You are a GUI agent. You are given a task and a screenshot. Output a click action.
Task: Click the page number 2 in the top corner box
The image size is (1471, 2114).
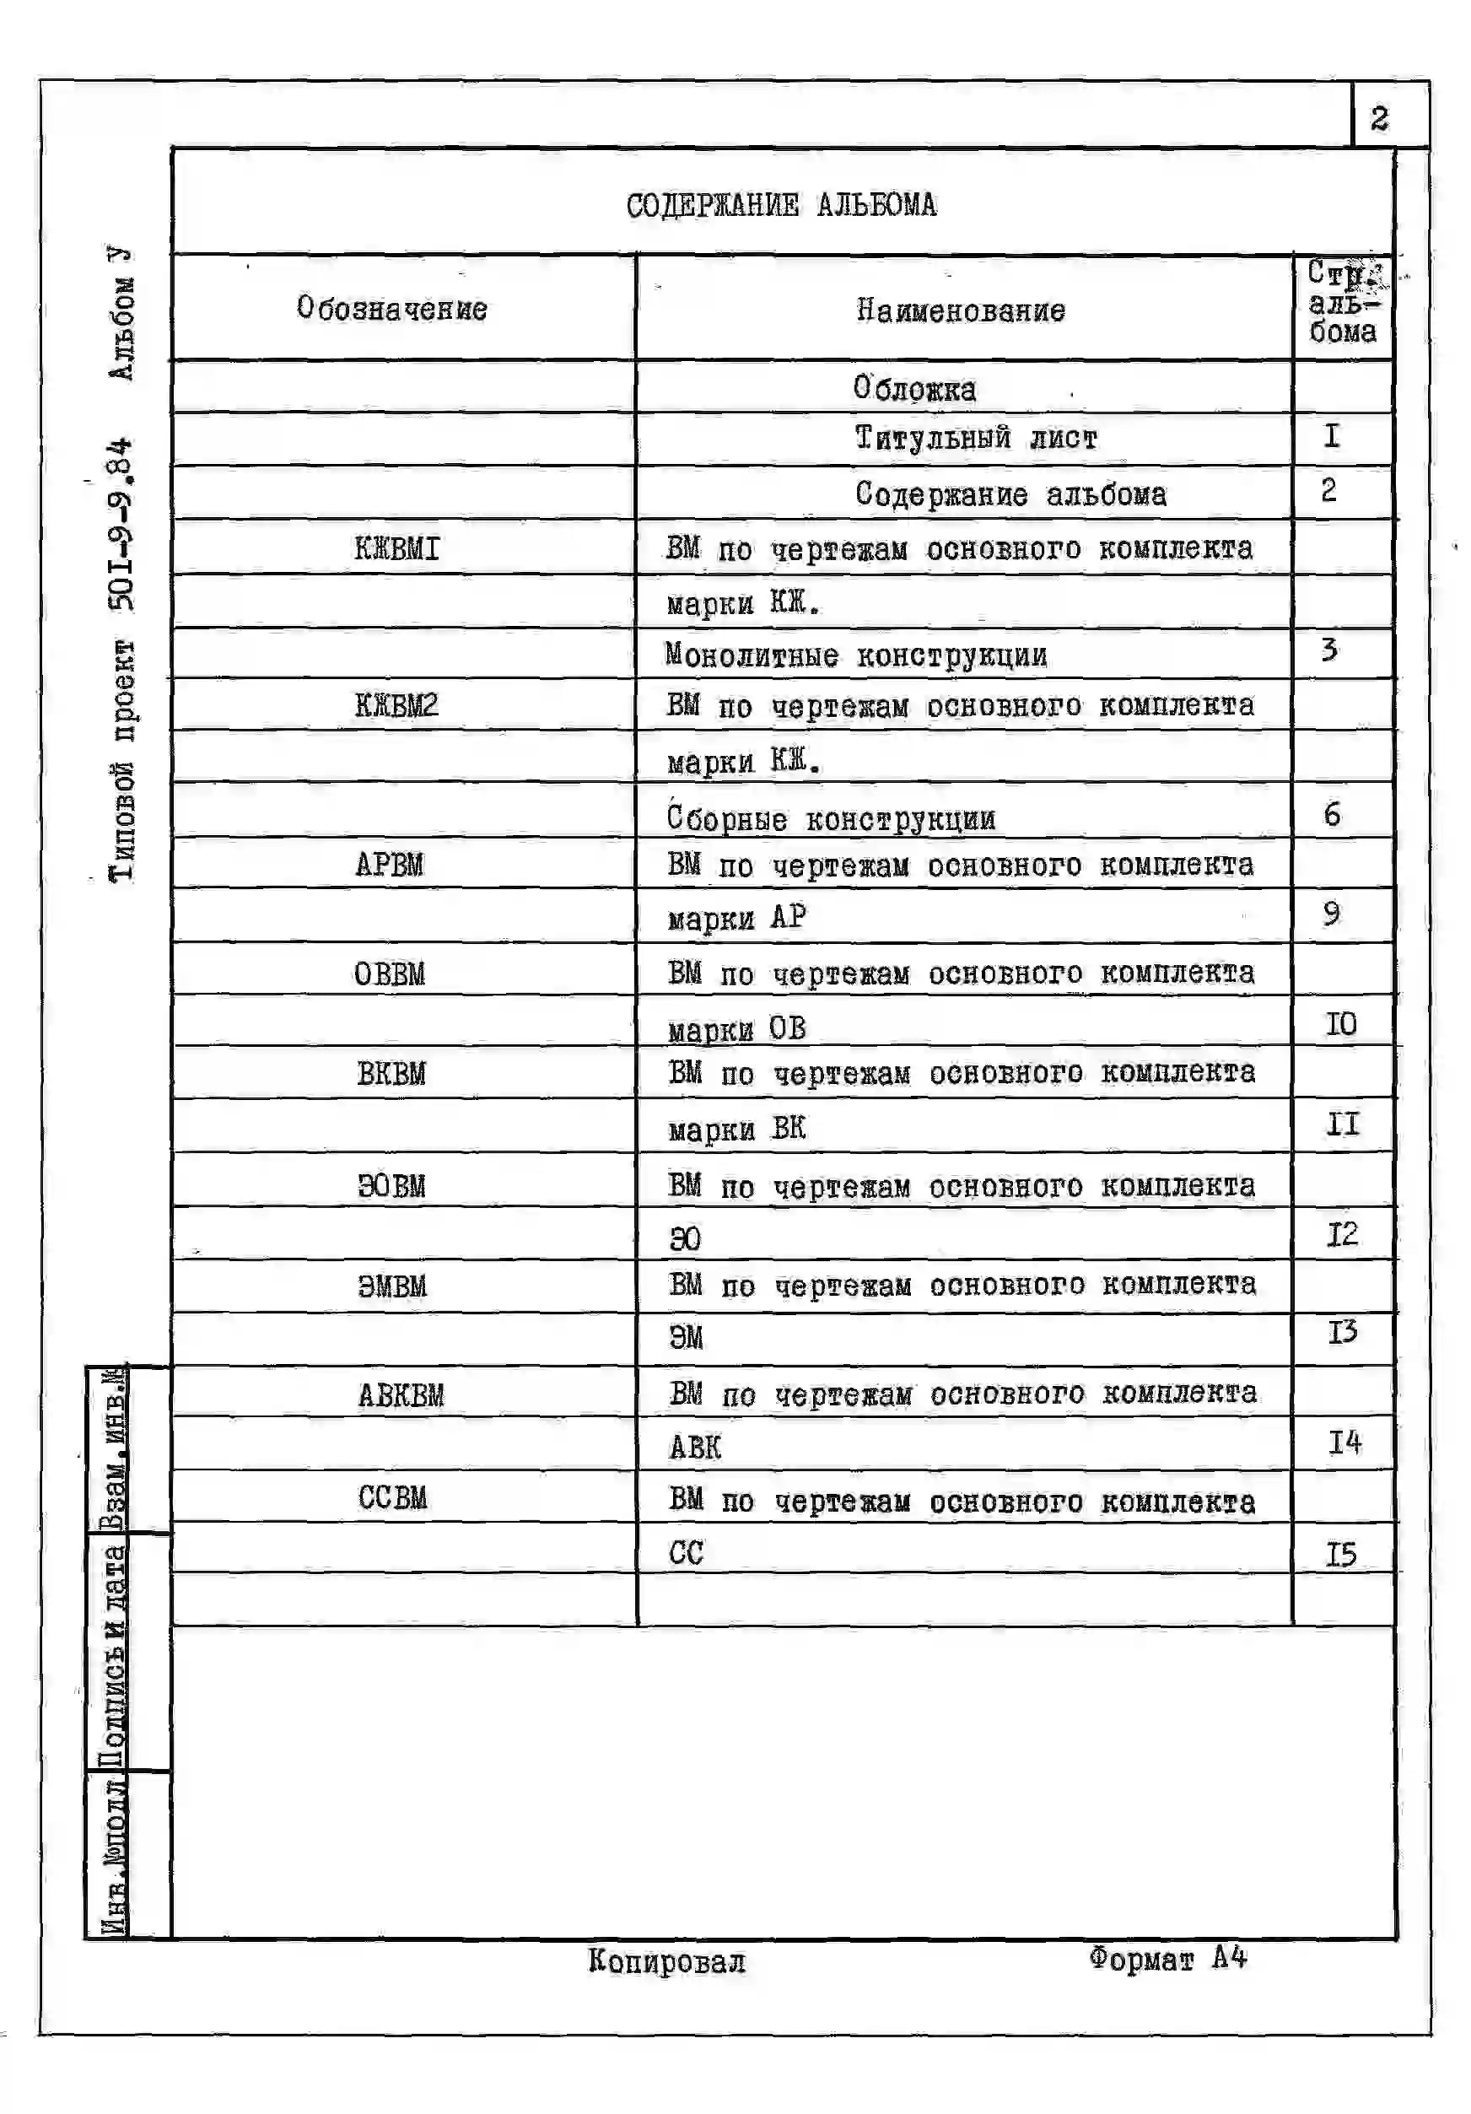1378,118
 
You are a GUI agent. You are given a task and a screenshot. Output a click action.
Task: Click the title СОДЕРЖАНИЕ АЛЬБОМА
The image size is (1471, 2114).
780,205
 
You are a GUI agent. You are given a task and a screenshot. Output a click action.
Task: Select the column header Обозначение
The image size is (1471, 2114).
391,309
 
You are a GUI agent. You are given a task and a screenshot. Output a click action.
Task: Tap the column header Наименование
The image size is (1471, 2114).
960,310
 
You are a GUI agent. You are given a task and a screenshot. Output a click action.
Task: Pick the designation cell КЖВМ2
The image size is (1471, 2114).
396,705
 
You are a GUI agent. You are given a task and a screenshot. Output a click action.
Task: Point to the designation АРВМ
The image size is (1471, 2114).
390,865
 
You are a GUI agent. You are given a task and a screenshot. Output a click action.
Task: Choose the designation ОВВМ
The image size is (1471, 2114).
390,973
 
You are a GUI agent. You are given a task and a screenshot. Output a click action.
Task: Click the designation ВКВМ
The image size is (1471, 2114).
391,1074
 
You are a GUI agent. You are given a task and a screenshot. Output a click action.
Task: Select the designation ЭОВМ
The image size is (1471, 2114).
391,1186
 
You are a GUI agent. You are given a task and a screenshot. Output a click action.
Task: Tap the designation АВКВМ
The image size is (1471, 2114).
401,1395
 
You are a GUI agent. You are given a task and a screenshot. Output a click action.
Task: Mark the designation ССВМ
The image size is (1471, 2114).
392,1497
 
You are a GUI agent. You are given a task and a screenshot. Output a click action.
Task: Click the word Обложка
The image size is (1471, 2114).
914,389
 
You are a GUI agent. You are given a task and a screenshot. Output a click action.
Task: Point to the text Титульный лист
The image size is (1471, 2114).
976,439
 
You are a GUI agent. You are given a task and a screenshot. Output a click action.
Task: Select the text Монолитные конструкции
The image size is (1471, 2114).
856,655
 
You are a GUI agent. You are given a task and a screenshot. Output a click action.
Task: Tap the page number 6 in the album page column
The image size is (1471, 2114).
1332,814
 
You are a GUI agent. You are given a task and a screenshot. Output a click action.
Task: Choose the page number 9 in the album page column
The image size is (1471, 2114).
1331,914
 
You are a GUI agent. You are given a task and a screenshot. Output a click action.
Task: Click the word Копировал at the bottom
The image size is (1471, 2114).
666,1961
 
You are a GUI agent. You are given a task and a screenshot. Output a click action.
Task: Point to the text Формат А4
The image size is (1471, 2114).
1167,1957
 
